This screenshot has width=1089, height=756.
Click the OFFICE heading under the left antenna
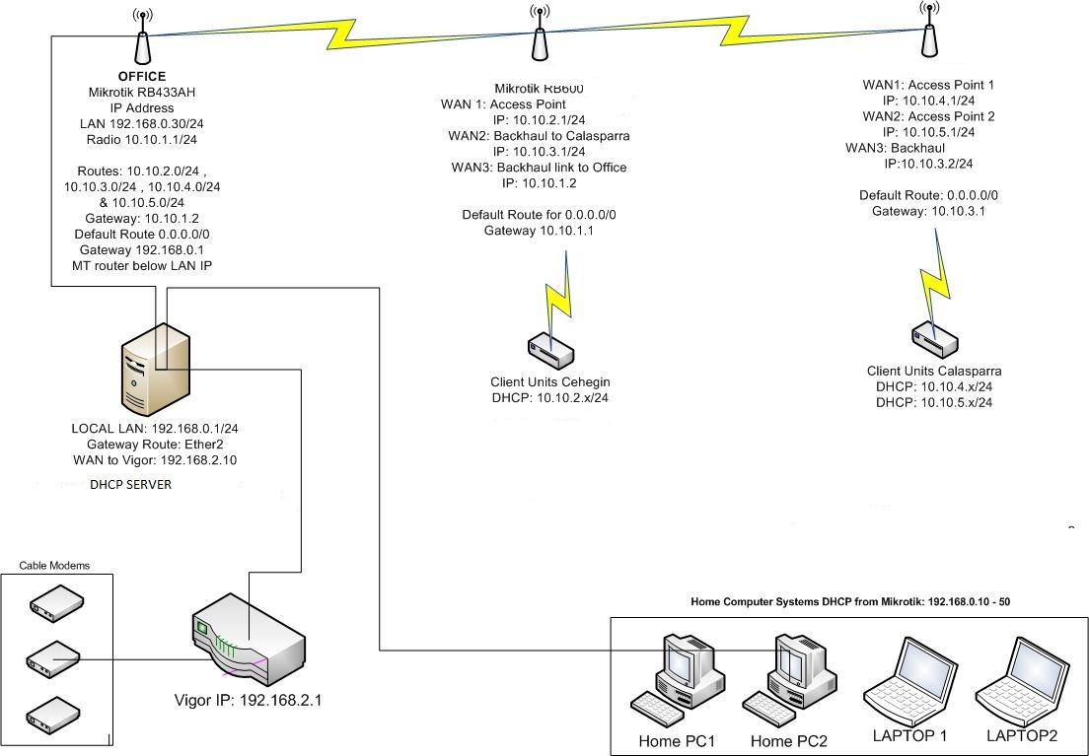(142, 76)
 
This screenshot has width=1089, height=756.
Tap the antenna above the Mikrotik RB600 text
(540, 37)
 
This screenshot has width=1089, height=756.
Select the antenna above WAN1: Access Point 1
(927, 34)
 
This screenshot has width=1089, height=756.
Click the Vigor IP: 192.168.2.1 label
(248, 701)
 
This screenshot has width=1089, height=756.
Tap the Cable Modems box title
(54, 566)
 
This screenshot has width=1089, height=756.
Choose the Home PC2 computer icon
(790, 675)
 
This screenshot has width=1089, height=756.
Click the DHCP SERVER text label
(130, 485)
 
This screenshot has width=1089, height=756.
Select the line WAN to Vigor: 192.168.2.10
(155, 460)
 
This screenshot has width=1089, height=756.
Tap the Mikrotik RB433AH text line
(142, 92)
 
